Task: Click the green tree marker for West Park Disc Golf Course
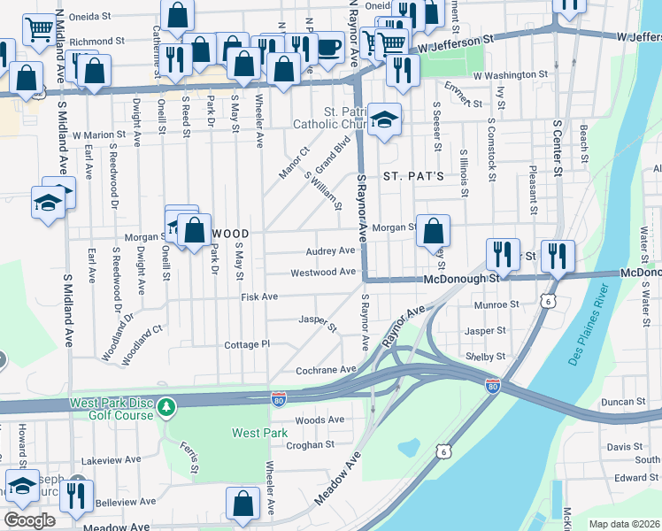(x=166, y=407)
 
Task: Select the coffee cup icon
(x=328, y=46)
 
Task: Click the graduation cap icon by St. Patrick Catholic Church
(x=385, y=118)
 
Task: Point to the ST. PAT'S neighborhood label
(x=412, y=177)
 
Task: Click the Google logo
(x=29, y=519)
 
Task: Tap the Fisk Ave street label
(x=259, y=297)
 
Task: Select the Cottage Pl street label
(x=246, y=344)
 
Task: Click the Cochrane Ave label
(x=326, y=369)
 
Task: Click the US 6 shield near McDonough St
(x=550, y=303)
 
